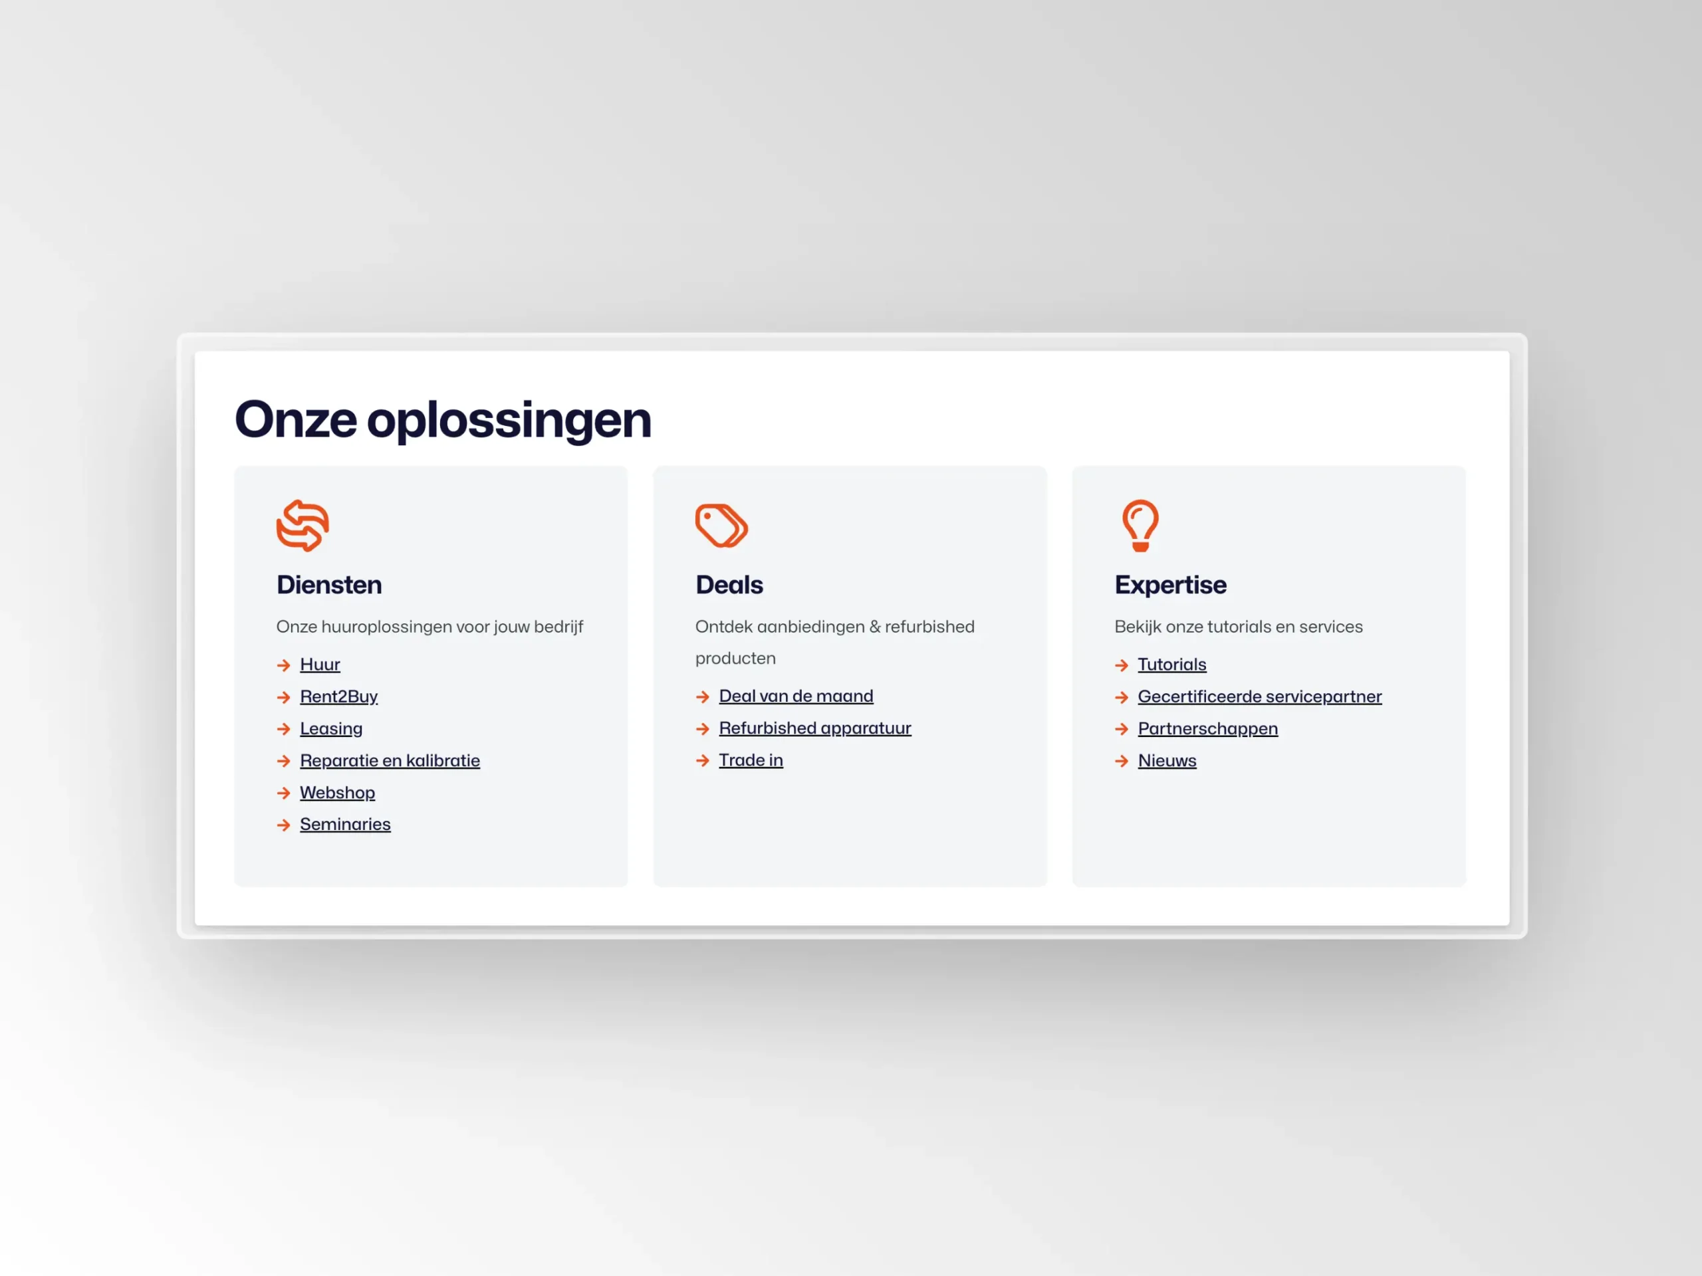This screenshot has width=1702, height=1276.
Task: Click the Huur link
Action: pos(319,665)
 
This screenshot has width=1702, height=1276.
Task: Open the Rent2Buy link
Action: pos(338,697)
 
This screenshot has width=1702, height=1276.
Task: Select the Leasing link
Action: pos(331,729)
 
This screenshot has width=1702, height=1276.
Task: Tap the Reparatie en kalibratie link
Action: pos(390,761)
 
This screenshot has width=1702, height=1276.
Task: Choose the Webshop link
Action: pos(337,793)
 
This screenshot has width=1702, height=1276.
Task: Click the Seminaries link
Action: pos(344,825)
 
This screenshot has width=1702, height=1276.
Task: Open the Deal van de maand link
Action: pos(796,696)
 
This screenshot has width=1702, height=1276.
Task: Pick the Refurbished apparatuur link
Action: pos(815,728)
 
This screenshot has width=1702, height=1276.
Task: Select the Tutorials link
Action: pos(1172,665)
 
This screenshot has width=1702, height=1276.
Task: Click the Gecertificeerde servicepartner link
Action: pos(1260,697)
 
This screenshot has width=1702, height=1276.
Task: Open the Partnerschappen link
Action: pos(1207,729)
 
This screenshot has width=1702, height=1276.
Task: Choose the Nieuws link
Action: pos(1167,761)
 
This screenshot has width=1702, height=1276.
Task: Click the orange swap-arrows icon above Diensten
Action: pos(303,526)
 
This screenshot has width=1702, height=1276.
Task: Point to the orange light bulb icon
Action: pos(1140,526)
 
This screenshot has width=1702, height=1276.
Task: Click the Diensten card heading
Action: pos(328,585)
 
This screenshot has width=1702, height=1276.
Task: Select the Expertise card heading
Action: pos(1170,585)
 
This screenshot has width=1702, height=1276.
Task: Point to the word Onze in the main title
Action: pos(295,420)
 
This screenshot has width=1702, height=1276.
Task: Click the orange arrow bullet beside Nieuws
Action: pos(1122,762)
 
